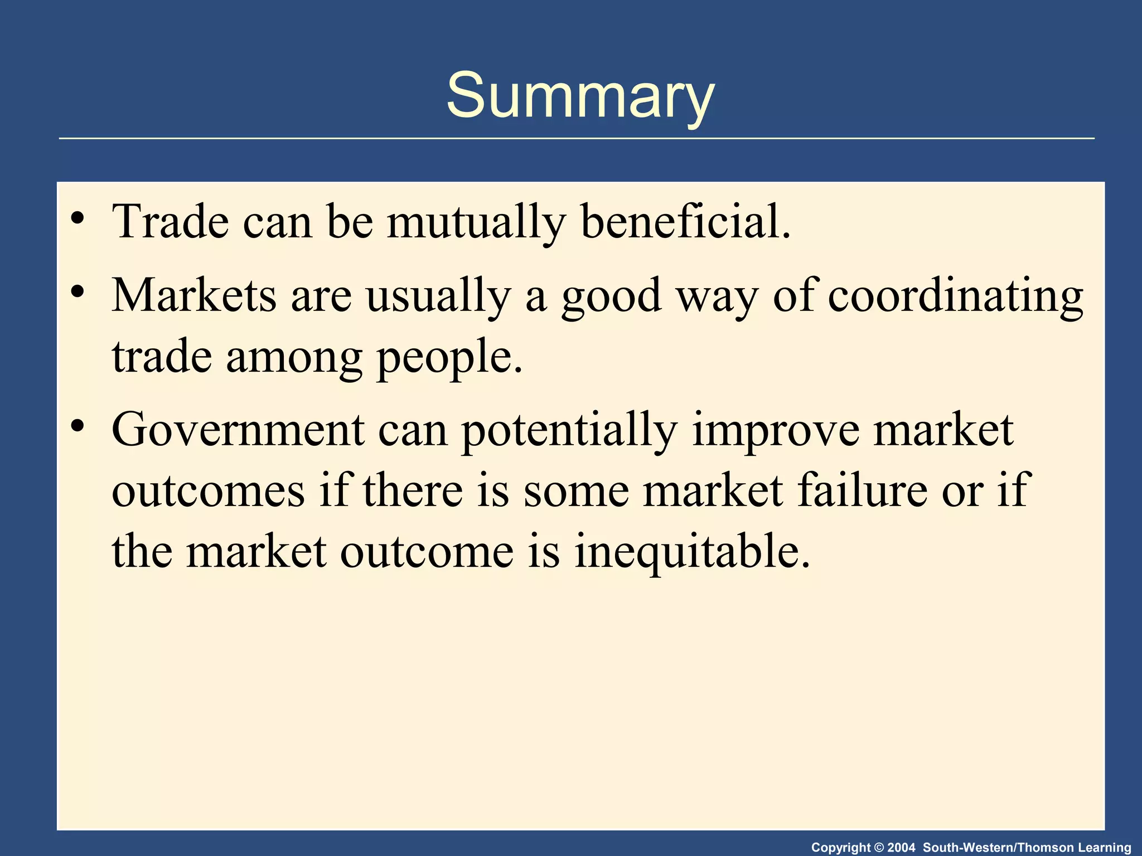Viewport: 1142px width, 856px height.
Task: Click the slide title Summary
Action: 580,96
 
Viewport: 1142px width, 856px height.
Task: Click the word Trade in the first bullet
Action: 170,222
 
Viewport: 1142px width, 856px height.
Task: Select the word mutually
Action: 476,223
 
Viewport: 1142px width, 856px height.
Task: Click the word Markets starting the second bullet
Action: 193,295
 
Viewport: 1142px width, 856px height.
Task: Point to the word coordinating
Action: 955,296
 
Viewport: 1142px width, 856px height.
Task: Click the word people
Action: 449,358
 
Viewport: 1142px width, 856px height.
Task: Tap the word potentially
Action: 569,431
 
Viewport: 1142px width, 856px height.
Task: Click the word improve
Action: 775,431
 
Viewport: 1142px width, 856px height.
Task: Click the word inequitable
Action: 691,552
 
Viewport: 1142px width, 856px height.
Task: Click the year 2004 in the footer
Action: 901,848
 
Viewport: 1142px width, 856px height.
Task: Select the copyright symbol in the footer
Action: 879,848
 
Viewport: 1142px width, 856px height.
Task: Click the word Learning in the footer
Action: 1105,848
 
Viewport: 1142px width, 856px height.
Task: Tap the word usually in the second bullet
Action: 438,296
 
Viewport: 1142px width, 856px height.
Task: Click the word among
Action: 294,358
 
